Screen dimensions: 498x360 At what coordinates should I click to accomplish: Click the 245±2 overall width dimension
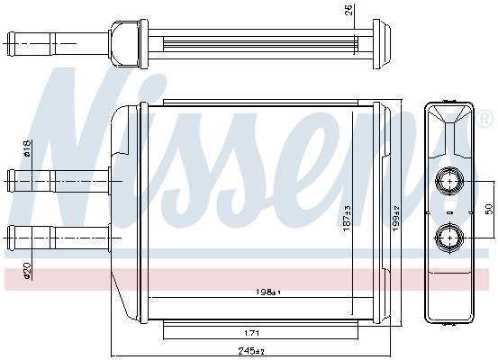(x=251, y=351)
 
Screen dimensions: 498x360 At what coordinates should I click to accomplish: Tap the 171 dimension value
(x=251, y=333)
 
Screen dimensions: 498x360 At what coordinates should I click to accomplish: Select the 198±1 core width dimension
(x=268, y=292)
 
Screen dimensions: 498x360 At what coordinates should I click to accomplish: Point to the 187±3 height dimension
(x=347, y=218)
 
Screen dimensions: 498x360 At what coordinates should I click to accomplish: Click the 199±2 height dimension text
(x=396, y=218)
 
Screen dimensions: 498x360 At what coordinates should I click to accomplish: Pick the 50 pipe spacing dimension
(x=489, y=209)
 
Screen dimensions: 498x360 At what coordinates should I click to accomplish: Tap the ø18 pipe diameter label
(x=27, y=148)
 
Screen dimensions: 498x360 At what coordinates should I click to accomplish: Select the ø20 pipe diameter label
(x=27, y=271)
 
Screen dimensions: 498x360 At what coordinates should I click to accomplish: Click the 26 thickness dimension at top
(x=349, y=10)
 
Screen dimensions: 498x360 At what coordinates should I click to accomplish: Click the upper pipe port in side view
(x=449, y=181)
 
